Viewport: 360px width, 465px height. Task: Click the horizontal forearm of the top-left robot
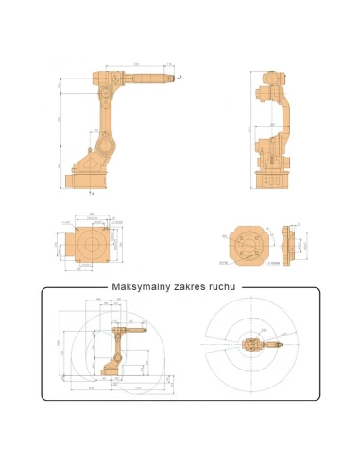pyautogui.click(x=142, y=77)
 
